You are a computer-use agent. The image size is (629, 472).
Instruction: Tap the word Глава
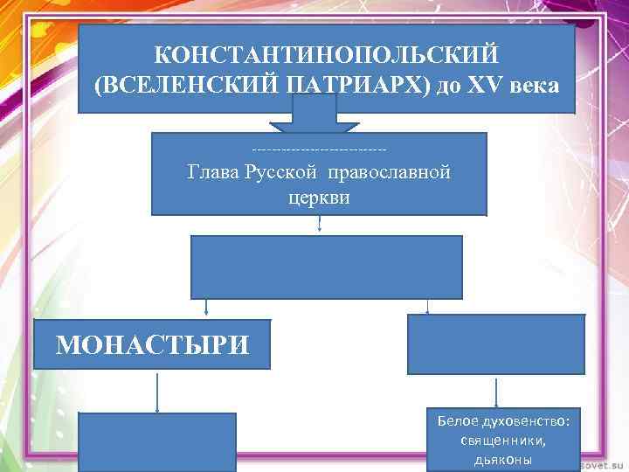click(x=214, y=171)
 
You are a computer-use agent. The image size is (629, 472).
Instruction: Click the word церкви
click(x=319, y=198)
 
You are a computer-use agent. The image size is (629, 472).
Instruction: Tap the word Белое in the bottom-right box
click(x=459, y=422)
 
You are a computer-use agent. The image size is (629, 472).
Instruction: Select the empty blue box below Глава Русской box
click(x=327, y=267)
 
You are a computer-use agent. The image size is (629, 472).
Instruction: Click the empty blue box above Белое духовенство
click(x=495, y=344)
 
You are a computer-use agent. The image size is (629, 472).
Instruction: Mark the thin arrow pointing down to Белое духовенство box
click(x=497, y=391)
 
